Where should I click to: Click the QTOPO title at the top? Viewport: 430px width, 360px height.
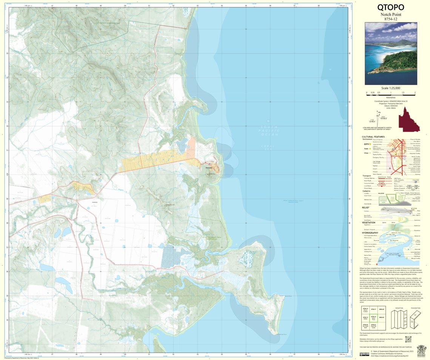pos(391,7)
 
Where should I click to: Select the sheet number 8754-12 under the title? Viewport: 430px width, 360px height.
pos(391,19)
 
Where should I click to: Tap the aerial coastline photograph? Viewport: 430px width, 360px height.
pos(391,53)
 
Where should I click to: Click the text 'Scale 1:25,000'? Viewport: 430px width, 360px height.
pos(391,88)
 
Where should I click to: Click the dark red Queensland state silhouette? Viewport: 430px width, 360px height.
pos(409,119)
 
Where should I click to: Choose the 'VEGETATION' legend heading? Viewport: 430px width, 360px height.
pos(368,222)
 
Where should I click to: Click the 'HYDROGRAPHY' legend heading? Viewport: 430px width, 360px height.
pos(370,233)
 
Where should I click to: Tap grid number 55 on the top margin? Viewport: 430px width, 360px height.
pos(246,6)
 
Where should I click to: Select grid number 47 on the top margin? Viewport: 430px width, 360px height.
pos(52,6)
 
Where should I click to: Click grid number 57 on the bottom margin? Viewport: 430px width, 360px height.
pos(294,354)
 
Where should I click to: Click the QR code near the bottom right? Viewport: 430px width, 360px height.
pos(408,339)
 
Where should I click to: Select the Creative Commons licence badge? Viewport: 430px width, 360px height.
pos(364,354)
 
